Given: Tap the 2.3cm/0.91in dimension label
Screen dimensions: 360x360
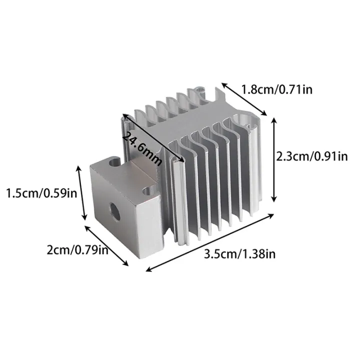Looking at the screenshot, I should pos(312,156).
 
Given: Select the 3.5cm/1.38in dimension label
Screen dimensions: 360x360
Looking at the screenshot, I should pos(239,254).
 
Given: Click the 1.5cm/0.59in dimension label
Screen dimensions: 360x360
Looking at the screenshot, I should pos(41,193).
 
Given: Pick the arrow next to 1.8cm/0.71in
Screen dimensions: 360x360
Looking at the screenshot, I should pos(244,98).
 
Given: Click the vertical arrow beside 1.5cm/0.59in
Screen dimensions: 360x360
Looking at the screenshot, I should pos(80,192).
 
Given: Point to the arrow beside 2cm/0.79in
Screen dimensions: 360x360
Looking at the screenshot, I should pos(107,246).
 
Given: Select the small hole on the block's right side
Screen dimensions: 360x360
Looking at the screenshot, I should pos(147,191).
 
